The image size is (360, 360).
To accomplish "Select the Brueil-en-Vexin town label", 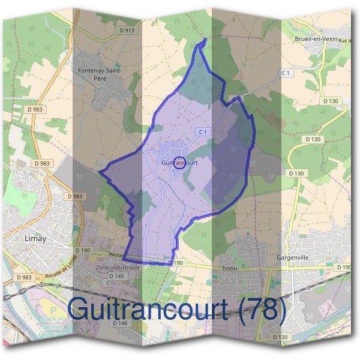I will click(316, 39).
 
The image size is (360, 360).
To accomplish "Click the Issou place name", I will click(229, 268).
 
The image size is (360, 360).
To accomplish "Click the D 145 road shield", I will click(116, 276).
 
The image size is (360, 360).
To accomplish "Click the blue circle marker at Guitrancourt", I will click(179, 162).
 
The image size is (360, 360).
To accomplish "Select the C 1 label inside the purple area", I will click(202, 131).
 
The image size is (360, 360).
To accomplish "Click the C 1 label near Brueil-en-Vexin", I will click(286, 73).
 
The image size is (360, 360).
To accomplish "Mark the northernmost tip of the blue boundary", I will click(205, 39).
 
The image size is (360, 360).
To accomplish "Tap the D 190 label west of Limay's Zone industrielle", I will click(82, 250).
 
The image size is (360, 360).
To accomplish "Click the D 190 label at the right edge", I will click(344, 267).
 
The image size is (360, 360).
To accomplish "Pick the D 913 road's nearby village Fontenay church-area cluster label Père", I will click(100, 78).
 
